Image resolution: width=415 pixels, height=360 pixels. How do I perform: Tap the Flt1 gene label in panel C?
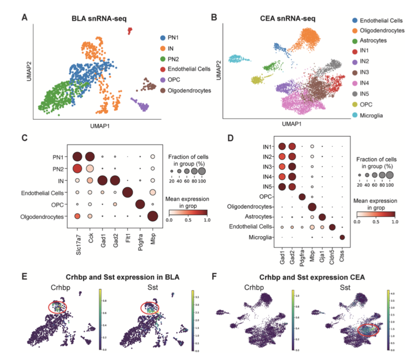128,234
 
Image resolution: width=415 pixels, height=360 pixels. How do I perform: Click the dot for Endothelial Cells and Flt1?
128,192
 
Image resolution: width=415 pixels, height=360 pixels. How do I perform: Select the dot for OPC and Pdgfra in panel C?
141,204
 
